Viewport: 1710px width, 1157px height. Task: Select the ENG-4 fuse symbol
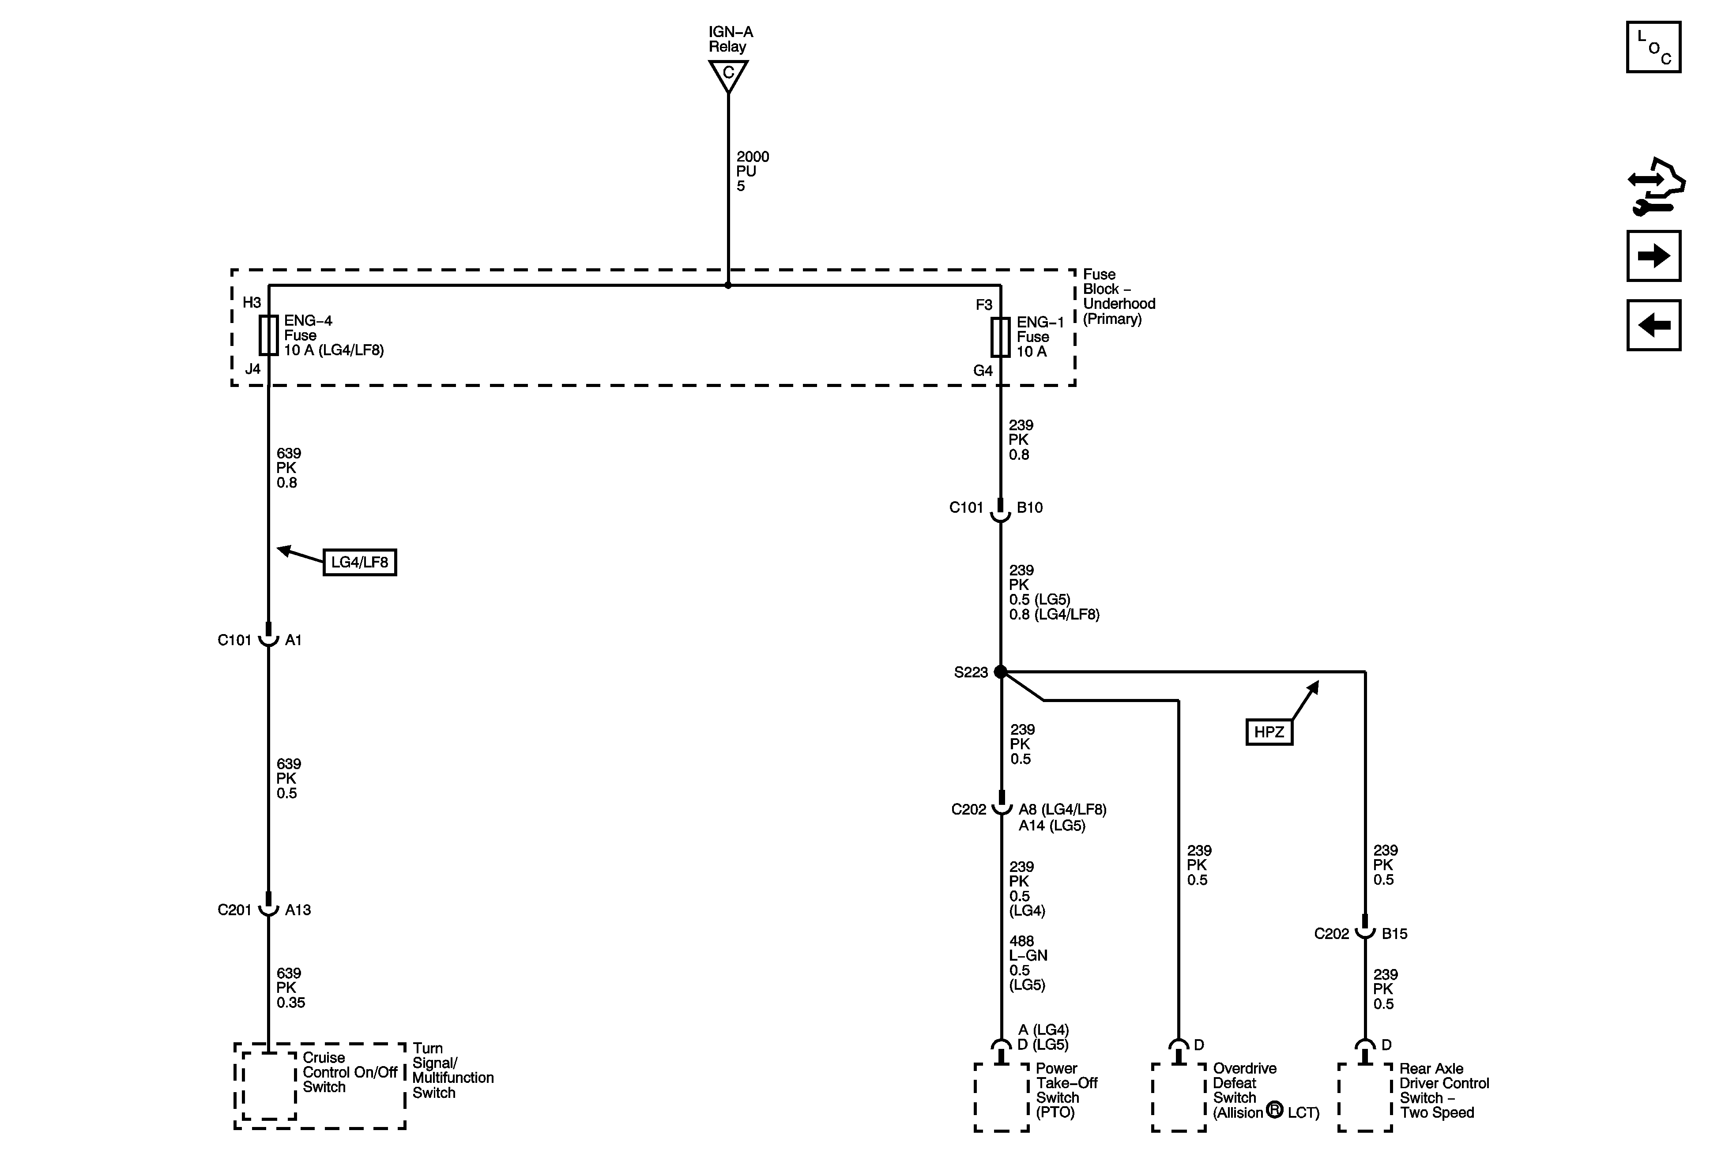[268, 335]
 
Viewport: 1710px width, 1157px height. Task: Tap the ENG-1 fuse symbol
[1000, 337]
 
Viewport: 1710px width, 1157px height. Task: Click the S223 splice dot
[1000, 672]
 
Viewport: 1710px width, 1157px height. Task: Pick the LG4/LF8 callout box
[360, 562]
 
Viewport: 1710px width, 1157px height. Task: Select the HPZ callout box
[1269, 732]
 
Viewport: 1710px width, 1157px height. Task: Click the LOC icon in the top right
[1654, 48]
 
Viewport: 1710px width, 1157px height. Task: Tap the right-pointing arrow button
[1654, 256]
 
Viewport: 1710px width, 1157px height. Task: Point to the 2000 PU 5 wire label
[752, 171]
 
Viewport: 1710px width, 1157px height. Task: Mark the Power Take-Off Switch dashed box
[1002, 1097]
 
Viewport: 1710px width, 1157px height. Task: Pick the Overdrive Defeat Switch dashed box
[1179, 1097]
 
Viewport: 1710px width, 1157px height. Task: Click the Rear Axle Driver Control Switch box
[1365, 1097]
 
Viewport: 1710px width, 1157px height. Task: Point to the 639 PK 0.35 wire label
[290, 988]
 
